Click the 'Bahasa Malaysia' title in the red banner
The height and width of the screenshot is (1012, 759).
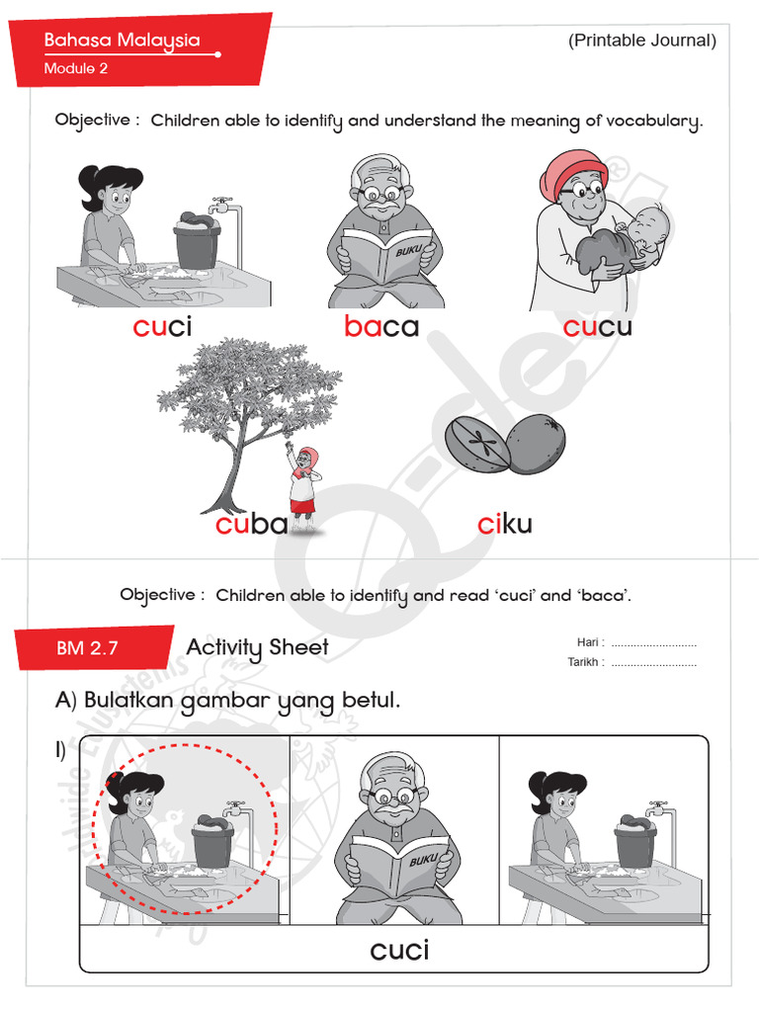[x=122, y=41]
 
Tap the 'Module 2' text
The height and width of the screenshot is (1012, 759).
[x=76, y=68]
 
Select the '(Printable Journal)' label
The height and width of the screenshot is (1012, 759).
[x=641, y=41]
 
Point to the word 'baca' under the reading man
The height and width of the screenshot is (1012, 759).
[x=381, y=327]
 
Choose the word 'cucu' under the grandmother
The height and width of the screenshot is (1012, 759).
[x=597, y=327]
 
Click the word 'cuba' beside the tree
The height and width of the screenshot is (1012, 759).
[x=251, y=524]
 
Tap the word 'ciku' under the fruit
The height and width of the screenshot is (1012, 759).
[x=504, y=524]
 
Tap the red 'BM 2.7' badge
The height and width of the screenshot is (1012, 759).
[x=87, y=648]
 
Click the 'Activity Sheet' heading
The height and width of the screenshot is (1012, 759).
[x=257, y=647]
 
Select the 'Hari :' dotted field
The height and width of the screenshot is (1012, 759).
[x=652, y=642]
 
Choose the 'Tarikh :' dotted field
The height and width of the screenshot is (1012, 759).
[x=652, y=662]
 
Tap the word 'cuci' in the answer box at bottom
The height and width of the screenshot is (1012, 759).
[x=399, y=951]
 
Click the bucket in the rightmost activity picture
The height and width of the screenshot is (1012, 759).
[x=632, y=845]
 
